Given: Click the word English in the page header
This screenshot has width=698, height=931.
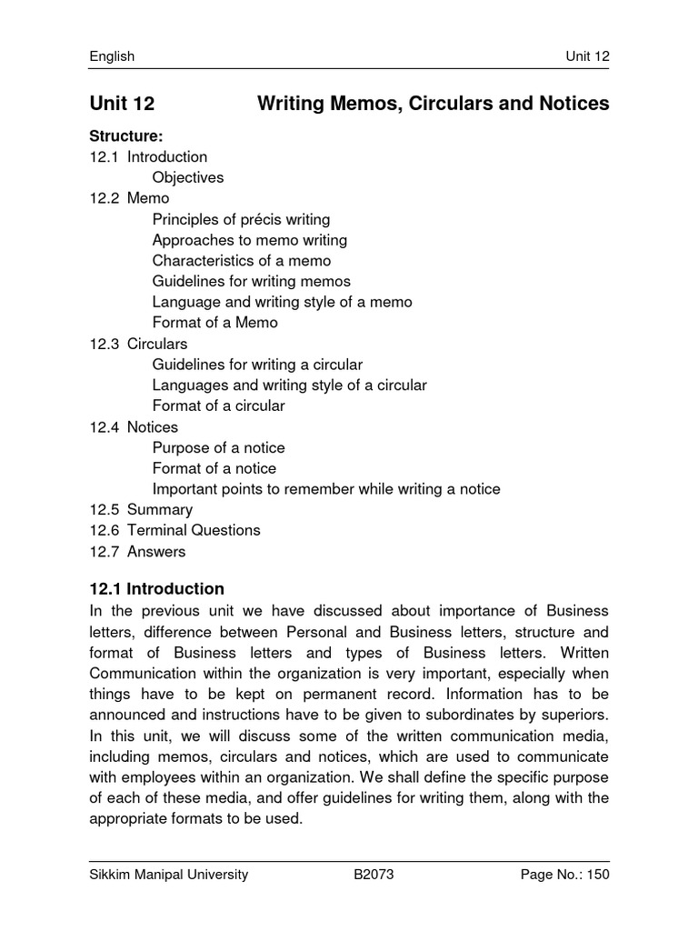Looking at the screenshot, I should click(112, 56).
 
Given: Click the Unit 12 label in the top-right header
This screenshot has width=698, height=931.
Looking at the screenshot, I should click(587, 56).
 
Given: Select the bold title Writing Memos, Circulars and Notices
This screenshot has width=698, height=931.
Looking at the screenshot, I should click(434, 105).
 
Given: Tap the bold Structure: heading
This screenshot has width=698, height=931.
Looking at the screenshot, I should click(126, 136).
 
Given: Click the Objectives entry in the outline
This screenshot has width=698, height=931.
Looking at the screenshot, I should click(188, 177).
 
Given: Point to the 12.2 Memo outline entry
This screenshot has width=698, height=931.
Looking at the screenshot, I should click(129, 198).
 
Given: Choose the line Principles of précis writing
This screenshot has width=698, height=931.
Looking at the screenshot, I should click(241, 219).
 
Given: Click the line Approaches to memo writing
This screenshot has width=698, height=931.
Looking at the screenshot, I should click(249, 240).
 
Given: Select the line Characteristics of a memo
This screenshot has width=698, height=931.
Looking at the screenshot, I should click(242, 261).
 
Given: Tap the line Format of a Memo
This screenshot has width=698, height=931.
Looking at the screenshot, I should click(215, 323).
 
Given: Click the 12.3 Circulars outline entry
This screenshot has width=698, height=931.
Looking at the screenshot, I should click(138, 344).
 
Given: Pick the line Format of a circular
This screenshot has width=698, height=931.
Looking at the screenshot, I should click(218, 405).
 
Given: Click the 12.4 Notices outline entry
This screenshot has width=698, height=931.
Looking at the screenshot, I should click(134, 426).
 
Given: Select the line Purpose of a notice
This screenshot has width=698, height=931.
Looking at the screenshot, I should click(218, 447).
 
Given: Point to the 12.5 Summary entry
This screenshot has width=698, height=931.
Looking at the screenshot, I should click(141, 509).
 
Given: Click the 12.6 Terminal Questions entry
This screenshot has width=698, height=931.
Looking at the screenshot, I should click(174, 530).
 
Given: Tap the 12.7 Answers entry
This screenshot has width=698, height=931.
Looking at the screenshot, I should click(137, 551).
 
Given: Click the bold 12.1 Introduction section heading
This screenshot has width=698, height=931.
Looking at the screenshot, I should click(156, 589).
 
